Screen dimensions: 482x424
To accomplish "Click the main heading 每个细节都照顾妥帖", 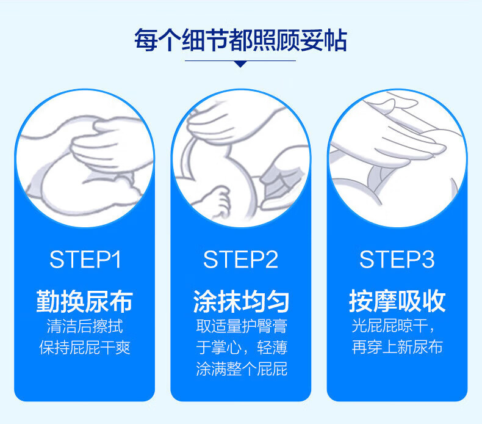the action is pos(240,40).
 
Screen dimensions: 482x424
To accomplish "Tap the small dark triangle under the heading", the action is pos(240,64).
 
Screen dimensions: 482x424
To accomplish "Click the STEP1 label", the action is pos(85,260).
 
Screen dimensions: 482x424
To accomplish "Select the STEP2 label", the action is pos(240,260).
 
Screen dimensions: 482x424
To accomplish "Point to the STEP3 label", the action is pos(397,260).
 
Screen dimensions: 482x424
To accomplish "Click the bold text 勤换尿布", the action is pos(85,301).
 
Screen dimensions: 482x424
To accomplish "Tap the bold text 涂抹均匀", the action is pos(241,301).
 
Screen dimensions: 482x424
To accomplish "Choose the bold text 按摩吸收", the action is pos(397,301).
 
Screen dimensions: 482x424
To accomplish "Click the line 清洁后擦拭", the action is pos(85,326).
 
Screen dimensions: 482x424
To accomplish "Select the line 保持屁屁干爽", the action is pos(85,348).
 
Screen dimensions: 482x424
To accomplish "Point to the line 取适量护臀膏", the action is pos(242,326).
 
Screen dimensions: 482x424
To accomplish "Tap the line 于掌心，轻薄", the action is pos(242,348).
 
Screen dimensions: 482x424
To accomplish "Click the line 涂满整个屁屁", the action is pos(242,369).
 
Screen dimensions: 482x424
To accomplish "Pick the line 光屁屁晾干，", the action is pos(394,326).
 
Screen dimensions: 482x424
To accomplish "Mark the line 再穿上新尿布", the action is pos(397,347).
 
